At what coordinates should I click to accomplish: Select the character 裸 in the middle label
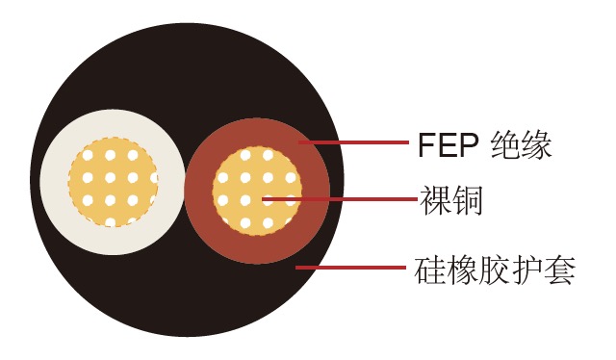point(434,200)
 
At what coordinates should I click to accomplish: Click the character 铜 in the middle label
point(466,200)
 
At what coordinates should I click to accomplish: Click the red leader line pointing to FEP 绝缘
point(356,142)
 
